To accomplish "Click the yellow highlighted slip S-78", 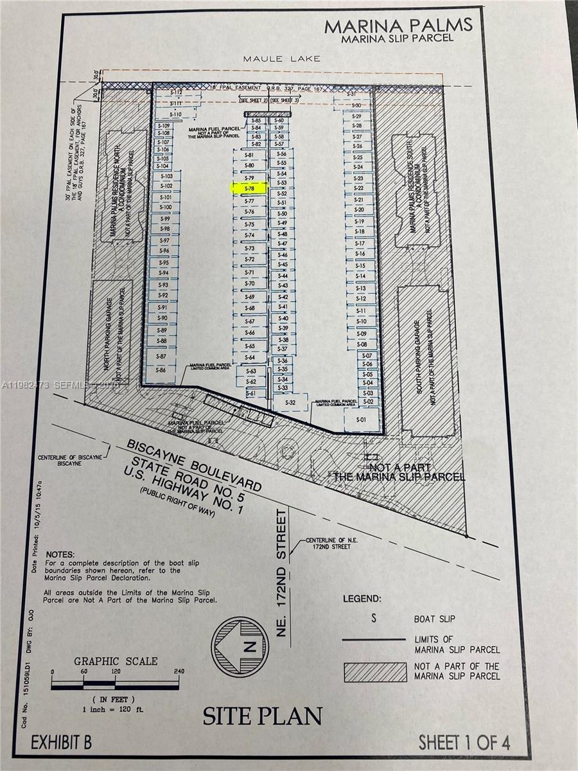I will click(250, 188).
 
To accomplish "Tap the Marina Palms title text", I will click(398, 25).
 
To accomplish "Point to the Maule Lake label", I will click(281, 58).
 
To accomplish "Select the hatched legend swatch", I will click(375, 671).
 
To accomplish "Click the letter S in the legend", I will click(373, 618).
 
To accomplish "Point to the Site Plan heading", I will click(262, 716).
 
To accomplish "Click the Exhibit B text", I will click(61, 743).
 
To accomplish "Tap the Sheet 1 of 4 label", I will click(464, 742).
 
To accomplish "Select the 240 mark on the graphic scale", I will click(178, 671).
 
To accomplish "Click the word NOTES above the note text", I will click(60, 553).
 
